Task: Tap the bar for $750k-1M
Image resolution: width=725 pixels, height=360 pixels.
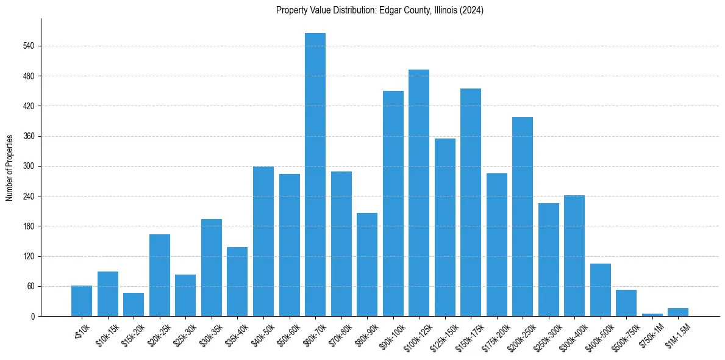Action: pos(652,314)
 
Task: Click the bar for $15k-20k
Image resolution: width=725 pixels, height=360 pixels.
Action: pos(134,304)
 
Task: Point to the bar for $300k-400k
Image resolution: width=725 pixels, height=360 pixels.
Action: pos(574,256)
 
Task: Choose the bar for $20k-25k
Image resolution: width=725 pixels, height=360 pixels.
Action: pos(160,275)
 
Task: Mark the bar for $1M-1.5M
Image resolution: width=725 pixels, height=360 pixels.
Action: pos(678,312)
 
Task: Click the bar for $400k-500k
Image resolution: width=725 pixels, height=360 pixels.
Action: pos(601,290)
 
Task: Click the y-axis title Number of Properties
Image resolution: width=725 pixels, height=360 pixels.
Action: pos(9,167)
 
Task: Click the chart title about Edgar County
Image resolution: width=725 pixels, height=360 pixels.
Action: pos(380,10)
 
